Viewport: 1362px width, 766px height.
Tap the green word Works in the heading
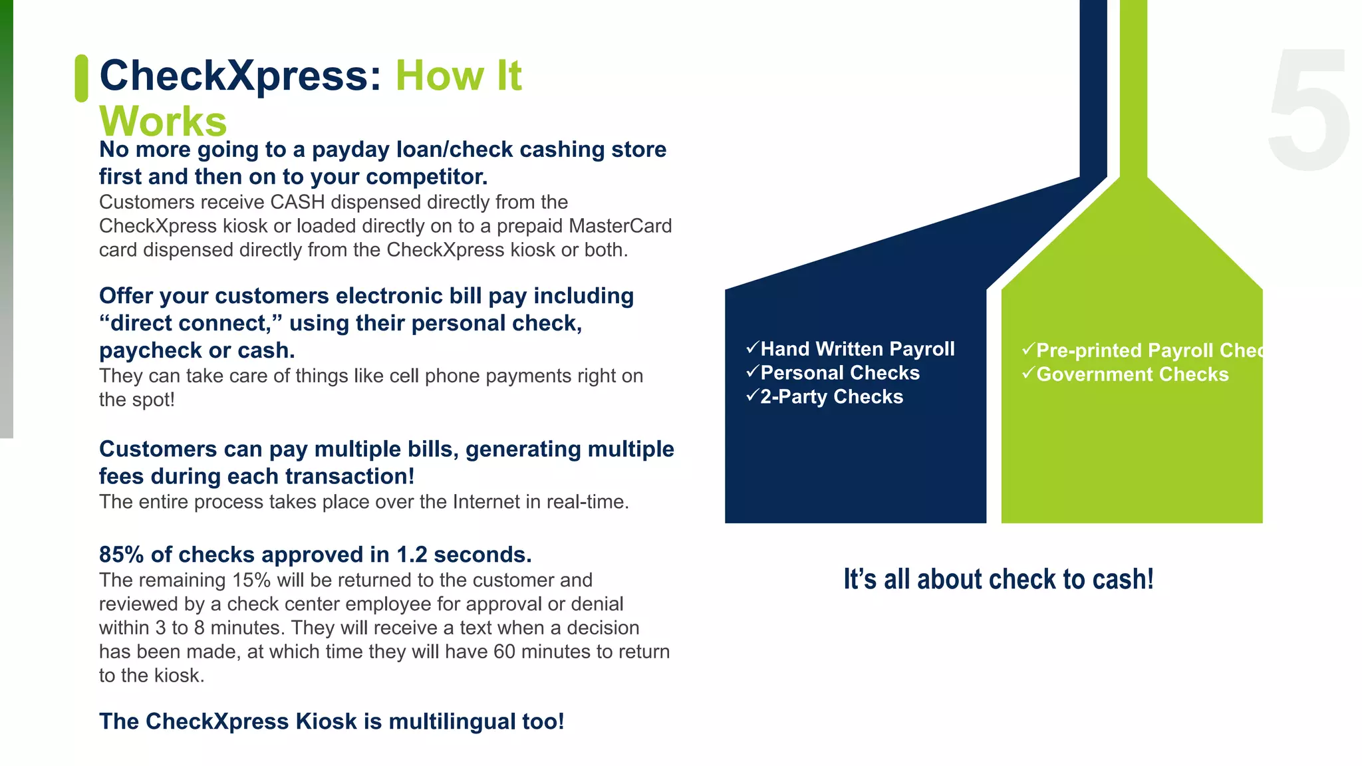[163, 121]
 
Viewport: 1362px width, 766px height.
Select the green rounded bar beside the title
[81, 78]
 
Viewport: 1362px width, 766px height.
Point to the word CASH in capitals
[297, 202]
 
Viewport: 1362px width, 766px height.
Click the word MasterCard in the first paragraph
[620, 226]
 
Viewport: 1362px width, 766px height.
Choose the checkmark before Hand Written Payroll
[752, 348]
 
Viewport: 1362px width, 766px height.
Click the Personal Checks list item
[839, 373]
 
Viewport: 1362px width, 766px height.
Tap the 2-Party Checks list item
[831, 397]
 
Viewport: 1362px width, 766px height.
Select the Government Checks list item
[1132, 374]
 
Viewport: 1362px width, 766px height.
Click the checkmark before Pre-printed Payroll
[1028, 349]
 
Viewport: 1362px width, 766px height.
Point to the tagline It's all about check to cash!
[998, 579]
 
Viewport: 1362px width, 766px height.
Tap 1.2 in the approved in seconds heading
[412, 555]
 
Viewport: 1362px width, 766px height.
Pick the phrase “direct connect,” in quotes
[191, 323]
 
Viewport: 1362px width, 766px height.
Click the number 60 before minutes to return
[504, 652]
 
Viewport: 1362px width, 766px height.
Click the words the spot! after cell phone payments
[136, 400]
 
